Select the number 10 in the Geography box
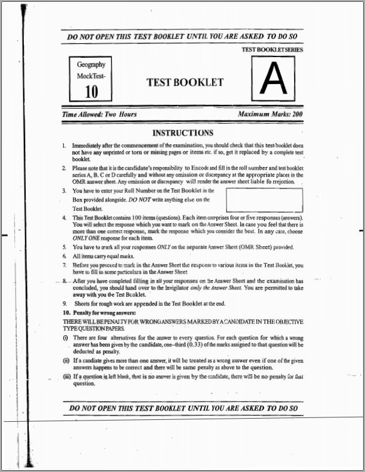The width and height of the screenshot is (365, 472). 91,92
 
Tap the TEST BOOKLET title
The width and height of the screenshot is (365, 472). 184,82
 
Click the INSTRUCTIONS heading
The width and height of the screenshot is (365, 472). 183,133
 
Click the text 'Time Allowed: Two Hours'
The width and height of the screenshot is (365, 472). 99,115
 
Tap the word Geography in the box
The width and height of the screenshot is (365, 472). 91,65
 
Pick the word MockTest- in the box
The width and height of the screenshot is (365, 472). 91,76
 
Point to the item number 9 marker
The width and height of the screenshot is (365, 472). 65,304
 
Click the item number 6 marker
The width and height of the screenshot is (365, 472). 65,256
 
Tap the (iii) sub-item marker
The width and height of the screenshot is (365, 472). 66,377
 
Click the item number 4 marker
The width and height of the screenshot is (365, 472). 65,217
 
